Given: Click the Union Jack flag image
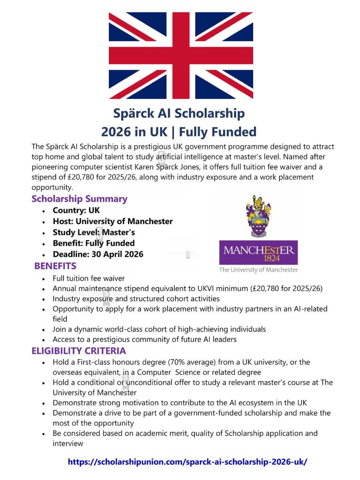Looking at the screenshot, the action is click(x=181, y=55).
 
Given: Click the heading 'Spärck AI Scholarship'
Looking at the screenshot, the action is click(x=179, y=113).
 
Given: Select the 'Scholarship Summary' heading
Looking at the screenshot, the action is click(x=79, y=199).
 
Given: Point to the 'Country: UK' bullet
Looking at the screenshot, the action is click(x=76, y=210).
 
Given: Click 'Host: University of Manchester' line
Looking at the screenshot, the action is click(x=112, y=221).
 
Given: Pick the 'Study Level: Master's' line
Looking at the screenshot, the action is click(x=94, y=232).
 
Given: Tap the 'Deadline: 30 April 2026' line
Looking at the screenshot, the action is click(x=98, y=254).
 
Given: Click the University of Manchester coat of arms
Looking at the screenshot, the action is click(x=258, y=216).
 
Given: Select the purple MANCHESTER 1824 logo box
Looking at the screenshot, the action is click(x=258, y=252).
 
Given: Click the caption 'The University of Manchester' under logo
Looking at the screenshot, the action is click(x=258, y=270).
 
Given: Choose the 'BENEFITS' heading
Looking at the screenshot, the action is click(x=55, y=266).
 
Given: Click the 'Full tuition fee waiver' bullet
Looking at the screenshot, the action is click(x=88, y=278).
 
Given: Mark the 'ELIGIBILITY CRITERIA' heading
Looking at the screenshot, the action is click(x=79, y=351).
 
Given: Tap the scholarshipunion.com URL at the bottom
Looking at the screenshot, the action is click(x=188, y=461).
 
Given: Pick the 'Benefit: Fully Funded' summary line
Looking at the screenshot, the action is click(x=93, y=243).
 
